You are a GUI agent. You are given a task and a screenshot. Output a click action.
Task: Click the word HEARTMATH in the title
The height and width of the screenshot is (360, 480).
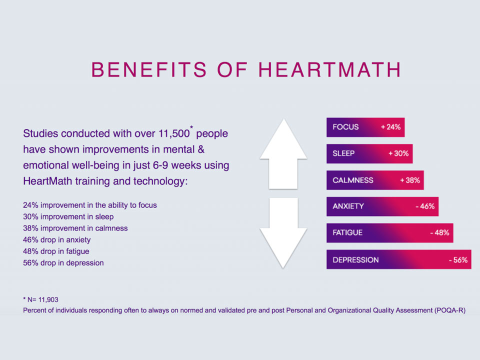pos(329,70)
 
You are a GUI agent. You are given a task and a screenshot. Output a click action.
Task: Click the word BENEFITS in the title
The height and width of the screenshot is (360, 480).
pos(149,70)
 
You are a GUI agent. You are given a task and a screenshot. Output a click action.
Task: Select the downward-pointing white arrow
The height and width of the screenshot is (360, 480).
pos(283,231)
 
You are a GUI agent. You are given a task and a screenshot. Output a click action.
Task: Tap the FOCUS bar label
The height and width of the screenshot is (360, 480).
pos(345,127)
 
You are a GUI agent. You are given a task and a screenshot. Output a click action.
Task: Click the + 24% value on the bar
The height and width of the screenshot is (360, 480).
pos(390,127)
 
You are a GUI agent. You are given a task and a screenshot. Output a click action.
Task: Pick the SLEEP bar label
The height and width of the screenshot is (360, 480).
pos(343,153)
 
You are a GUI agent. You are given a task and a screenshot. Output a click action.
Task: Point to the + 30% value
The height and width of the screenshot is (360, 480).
pos(398,153)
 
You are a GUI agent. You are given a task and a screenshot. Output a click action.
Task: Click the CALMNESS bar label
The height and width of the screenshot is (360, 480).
pos(353,180)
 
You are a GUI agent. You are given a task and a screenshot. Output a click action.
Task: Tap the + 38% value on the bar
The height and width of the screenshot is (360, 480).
pos(410,180)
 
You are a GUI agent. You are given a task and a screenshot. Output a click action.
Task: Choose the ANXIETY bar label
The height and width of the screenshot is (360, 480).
pos(348,206)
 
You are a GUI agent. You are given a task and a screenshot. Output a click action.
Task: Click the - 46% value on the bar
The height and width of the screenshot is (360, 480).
pos(425,206)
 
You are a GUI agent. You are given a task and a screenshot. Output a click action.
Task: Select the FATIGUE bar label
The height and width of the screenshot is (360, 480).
pos(347,232)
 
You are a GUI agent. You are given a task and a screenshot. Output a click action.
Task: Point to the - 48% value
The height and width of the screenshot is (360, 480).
pos(439,232)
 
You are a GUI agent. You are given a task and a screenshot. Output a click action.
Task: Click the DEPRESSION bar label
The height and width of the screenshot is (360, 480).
pos(355,259)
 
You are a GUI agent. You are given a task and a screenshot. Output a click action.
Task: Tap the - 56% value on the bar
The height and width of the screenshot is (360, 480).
pos(457,259)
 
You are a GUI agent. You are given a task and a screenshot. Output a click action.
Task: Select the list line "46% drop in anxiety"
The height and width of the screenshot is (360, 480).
pos(57,239)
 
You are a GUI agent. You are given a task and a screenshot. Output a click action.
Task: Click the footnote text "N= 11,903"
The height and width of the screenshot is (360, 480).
pos(42,299)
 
